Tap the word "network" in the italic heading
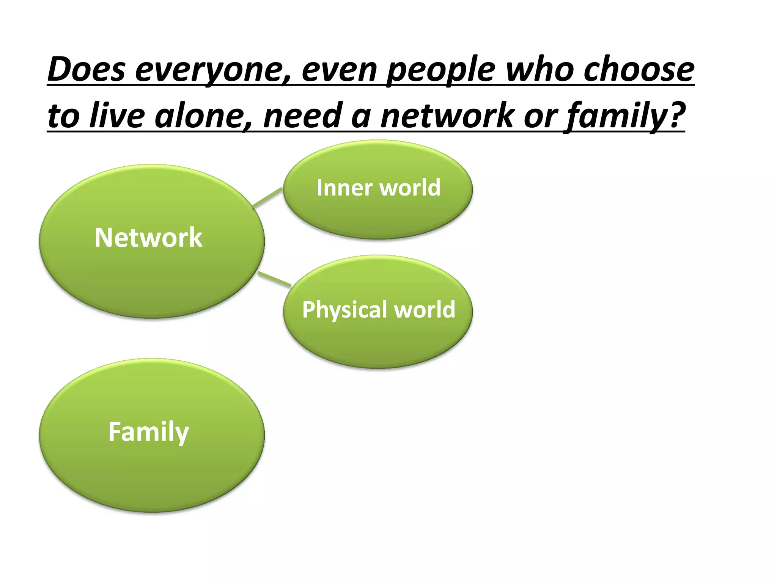tap(448, 115)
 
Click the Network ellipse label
tap(148, 238)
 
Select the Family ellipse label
tap(148, 432)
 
